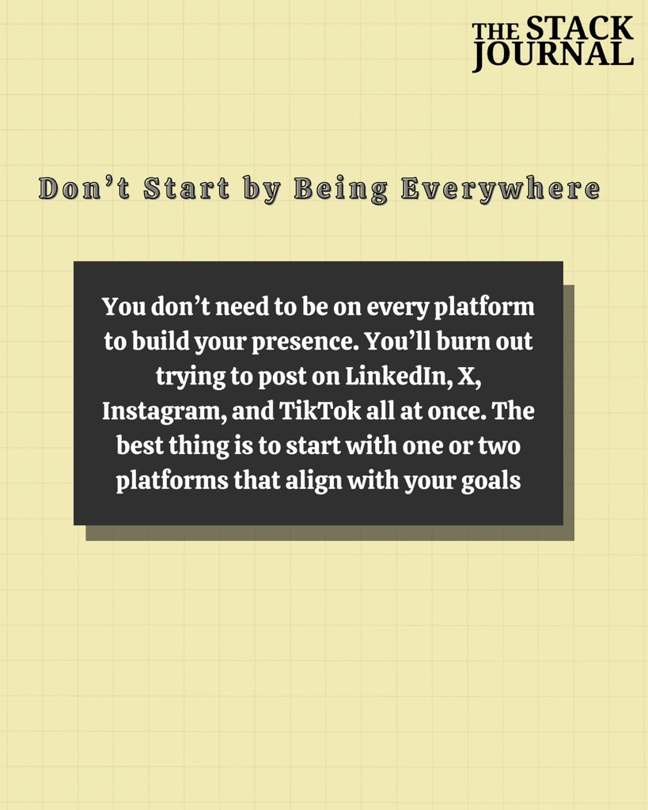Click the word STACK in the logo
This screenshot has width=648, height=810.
click(x=579, y=29)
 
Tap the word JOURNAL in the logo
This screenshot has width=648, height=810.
click(x=553, y=54)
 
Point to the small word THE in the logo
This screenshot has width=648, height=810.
click(x=496, y=32)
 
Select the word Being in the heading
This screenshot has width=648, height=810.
click(x=341, y=190)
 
